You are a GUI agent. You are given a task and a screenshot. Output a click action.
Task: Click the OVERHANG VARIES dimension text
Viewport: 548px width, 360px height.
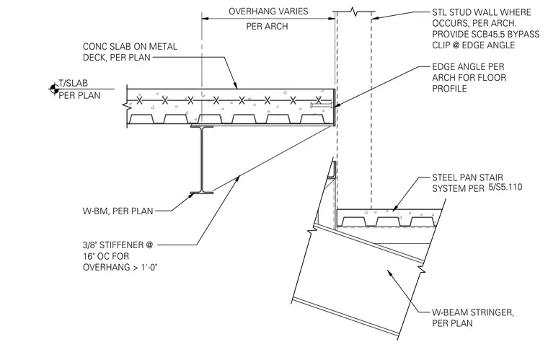coord(268,12)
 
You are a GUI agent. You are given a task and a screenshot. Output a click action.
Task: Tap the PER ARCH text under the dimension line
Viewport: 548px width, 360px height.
coord(267,26)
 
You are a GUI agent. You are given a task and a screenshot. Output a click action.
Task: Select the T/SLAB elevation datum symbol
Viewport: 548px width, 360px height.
coord(54,89)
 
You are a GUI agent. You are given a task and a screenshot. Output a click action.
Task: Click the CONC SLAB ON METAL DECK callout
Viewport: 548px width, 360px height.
coord(130,52)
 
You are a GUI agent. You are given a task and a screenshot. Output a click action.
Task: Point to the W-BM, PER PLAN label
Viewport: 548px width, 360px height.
coord(118,211)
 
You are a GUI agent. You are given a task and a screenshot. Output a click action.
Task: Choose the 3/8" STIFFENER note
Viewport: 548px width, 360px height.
coord(120,256)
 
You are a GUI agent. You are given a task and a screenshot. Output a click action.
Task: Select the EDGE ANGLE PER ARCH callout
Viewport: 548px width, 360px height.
coord(469,77)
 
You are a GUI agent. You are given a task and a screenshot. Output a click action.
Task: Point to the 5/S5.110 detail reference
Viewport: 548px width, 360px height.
coord(505,187)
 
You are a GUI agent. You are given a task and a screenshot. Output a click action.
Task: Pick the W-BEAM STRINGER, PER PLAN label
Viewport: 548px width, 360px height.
coord(473,317)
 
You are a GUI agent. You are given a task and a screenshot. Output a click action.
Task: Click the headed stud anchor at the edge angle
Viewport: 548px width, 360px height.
coord(321,105)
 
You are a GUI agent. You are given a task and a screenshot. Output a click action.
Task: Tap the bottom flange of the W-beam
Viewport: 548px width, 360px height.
coord(202,193)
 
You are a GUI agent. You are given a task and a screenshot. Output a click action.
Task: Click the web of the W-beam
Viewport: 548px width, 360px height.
coord(202,159)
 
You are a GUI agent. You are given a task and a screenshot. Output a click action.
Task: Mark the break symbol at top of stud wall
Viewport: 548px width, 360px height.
coord(355,12)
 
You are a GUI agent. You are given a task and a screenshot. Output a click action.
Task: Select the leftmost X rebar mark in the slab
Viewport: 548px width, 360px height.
coord(139,101)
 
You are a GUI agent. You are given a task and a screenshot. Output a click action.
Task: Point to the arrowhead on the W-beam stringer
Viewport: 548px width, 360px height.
coord(390,273)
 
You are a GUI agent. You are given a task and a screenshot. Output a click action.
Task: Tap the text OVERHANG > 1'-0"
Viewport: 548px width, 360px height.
coord(120,268)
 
